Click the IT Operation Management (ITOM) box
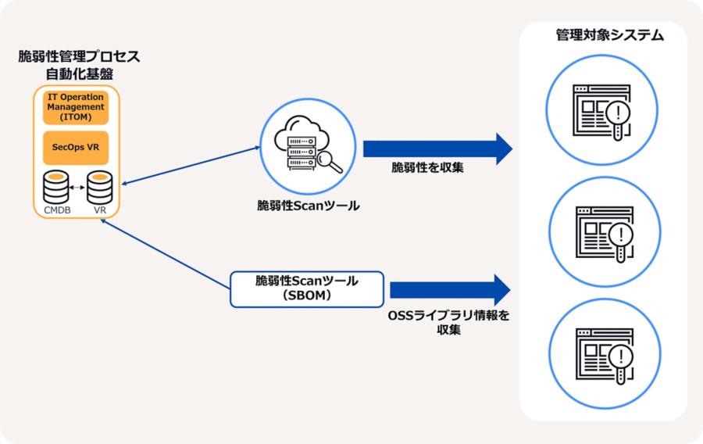tap(76, 107)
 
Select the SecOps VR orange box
tap(76, 148)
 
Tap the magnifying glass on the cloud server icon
tap(330, 161)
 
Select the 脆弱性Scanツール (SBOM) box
tap(307, 288)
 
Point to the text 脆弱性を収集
tap(427, 167)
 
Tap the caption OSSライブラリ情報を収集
tap(448, 323)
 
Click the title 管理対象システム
tap(603, 35)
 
